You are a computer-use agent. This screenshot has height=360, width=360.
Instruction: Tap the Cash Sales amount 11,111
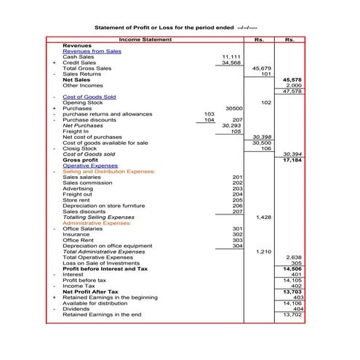coord(231,57)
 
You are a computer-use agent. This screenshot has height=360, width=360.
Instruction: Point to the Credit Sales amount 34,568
coord(231,63)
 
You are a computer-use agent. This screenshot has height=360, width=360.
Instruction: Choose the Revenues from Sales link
coord(92,52)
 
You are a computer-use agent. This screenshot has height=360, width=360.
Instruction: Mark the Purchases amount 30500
coord(233,108)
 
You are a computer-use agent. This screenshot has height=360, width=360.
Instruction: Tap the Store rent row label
coord(76,200)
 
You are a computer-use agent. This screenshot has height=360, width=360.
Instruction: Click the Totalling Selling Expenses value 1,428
coord(263,217)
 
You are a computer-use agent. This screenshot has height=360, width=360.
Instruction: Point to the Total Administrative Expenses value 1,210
coord(263,251)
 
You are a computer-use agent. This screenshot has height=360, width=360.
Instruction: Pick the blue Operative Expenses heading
coord(89,166)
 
